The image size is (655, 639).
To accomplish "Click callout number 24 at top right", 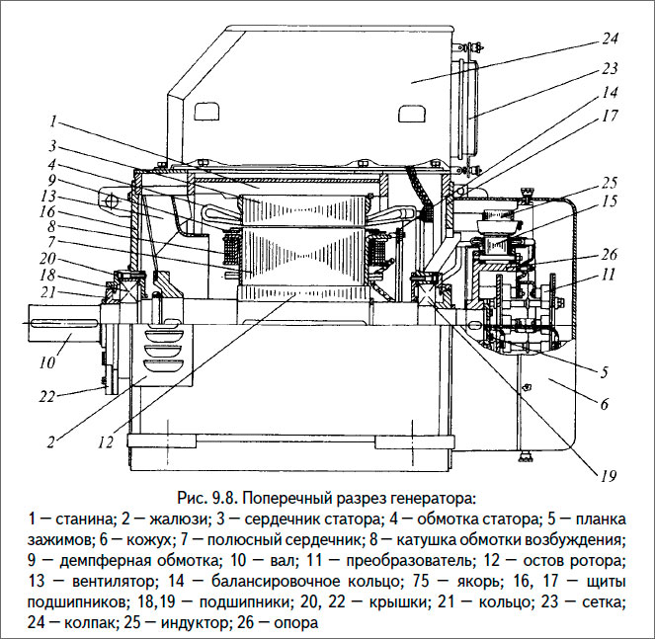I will (609, 40).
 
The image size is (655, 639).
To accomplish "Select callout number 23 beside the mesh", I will (609, 69).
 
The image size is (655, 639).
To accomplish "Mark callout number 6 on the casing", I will (604, 403).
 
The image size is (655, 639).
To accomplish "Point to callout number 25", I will (610, 182).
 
